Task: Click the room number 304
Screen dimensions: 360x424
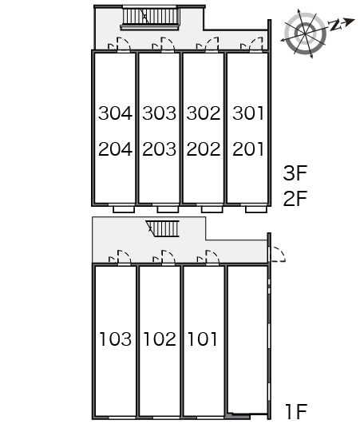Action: (116, 113)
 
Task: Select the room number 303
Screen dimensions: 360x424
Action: (159, 113)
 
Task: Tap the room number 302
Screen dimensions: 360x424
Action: (204, 113)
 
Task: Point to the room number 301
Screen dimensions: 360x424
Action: (247, 113)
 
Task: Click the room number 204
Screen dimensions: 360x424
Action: (116, 149)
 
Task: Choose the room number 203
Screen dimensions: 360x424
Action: (159, 149)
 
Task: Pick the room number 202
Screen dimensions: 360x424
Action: (204, 149)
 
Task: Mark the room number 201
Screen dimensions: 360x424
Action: (247, 149)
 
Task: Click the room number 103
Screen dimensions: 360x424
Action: (116, 339)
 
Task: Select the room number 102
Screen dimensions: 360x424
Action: (160, 339)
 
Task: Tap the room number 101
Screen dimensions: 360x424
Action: (202, 339)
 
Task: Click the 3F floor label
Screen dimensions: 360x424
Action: (295, 173)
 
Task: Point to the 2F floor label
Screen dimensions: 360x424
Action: (295, 199)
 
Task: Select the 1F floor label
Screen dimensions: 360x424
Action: (296, 411)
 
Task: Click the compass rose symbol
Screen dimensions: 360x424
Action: (306, 34)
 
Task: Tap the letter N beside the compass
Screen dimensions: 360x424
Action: (334, 25)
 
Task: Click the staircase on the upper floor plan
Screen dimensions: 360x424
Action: (150, 18)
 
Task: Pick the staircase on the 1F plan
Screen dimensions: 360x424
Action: (163, 228)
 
